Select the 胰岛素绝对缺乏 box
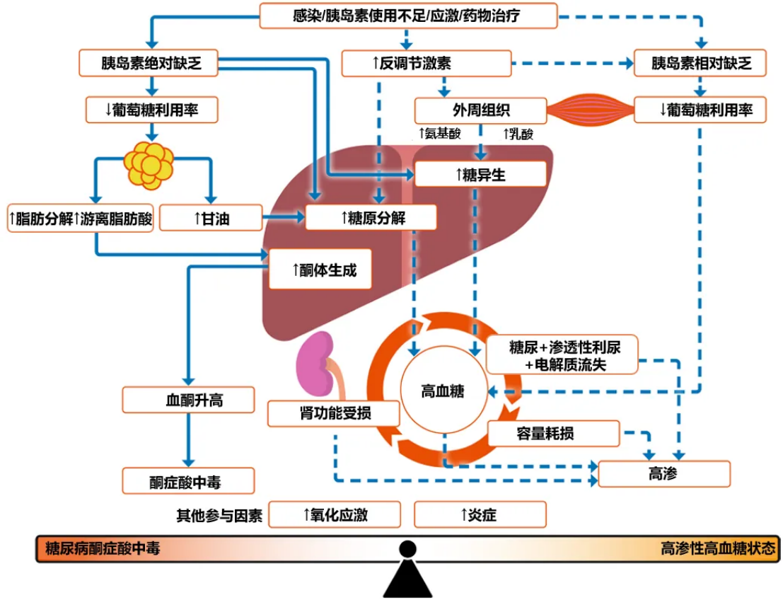point(151,63)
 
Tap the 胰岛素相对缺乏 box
point(700,63)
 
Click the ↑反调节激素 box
point(427,63)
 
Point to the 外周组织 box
point(480,110)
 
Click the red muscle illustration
point(591,110)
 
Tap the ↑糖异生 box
point(480,174)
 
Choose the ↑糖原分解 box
point(371,217)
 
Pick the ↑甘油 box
point(211,219)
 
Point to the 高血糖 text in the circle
point(443,391)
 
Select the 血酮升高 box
point(188,400)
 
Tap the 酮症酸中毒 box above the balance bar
point(188,481)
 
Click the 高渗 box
point(663,473)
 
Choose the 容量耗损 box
point(553,433)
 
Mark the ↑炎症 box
point(480,514)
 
